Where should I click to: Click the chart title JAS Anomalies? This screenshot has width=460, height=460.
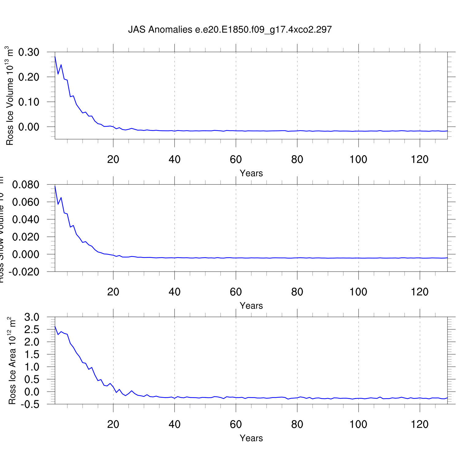[x=230, y=30]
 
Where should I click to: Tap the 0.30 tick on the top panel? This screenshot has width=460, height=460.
[x=29, y=52]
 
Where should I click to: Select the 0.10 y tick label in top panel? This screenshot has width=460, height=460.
[x=29, y=102]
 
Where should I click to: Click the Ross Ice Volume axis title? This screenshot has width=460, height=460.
[x=10, y=96]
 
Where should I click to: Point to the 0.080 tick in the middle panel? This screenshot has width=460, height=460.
[x=26, y=185]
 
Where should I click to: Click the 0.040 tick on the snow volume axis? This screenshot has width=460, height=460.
[x=26, y=220]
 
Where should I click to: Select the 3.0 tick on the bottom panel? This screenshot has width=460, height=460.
[x=32, y=317]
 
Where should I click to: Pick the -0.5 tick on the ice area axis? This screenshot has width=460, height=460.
[x=30, y=404]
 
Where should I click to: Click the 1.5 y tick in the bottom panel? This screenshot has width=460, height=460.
[x=32, y=355]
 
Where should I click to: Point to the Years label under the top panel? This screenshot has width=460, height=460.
[x=251, y=173]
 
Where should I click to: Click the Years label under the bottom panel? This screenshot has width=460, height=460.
[x=251, y=438]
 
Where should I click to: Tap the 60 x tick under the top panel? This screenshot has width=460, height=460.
[x=236, y=159]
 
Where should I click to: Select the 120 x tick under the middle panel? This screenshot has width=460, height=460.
[x=420, y=292]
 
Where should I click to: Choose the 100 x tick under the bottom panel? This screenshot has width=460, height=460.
[x=358, y=424]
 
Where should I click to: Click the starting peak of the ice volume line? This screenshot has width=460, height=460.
[x=55, y=57]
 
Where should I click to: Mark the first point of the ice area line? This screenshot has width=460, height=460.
[x=55, y=327]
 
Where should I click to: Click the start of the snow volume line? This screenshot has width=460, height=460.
[x=55, y=186]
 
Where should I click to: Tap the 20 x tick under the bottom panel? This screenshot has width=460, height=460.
[x=113, y=424]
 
